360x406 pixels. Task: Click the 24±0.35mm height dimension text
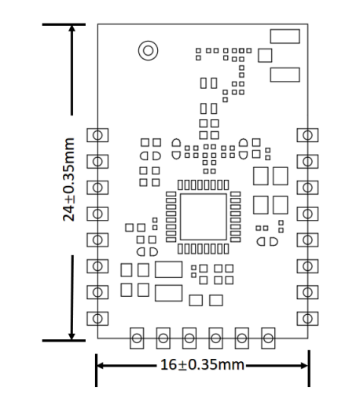click(x=69, y=180)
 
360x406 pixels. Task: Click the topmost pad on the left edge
click(x=97, y=134)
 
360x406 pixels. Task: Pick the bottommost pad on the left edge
click(x=97, y=317)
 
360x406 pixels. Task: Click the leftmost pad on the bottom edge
click(x=136, y=338)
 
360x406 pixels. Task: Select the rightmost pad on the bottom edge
click(x=268, y=338)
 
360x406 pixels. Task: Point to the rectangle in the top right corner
click(x=284, y=36)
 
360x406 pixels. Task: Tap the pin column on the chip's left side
click(x=170, y=217)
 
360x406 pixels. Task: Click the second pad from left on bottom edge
click(x=163, y=338)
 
